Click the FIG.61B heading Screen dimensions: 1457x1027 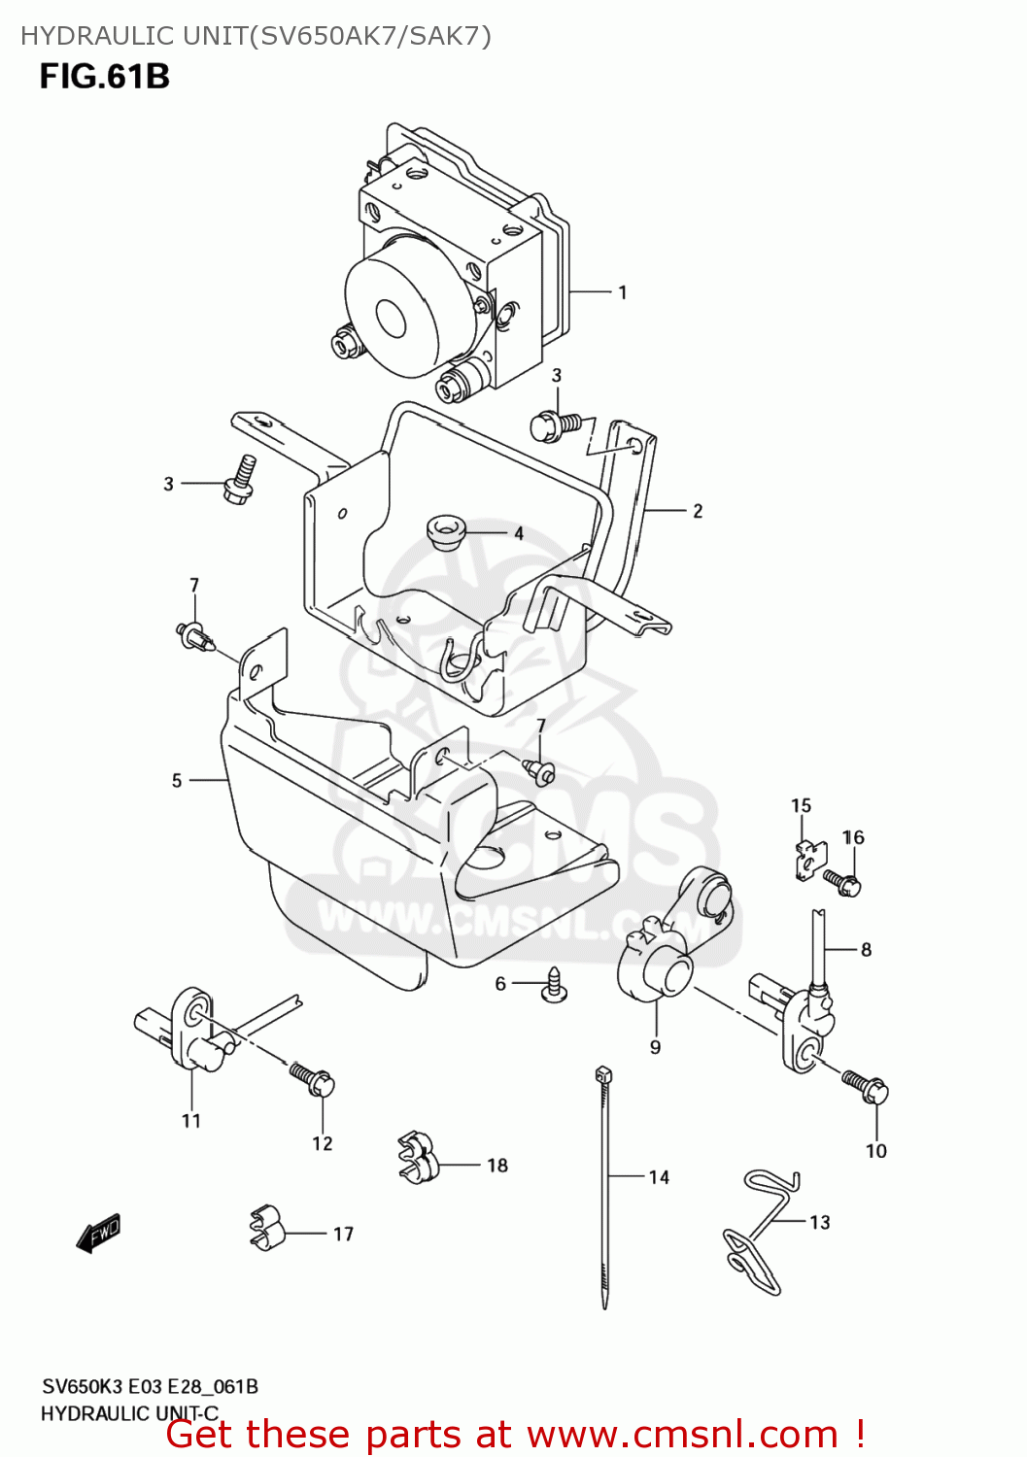coord(105,76)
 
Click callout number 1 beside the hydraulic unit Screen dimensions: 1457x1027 coord(622,292)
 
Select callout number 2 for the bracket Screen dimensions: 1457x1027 coord(698,511)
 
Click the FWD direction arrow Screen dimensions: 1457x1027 coord(98,1233)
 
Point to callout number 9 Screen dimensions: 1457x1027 coord(656,1047)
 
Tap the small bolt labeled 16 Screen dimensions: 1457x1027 coord(841,882)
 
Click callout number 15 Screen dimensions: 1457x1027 coord(801,805)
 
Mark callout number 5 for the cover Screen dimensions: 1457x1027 coord(177,780)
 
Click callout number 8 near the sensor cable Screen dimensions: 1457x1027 coord(866,950)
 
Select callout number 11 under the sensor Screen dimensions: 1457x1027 coord(190,1121)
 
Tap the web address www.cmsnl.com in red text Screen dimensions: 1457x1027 coord(682,1434)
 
